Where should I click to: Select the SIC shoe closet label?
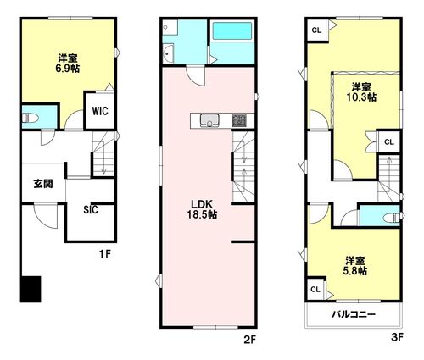click(x=91, y=210)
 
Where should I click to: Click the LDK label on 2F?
click(x=201, y=203)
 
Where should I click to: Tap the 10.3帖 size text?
click(x=362, y=97)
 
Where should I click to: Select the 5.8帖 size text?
click(x=355, y=272)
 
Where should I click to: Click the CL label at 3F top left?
click(x=315, y=31)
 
